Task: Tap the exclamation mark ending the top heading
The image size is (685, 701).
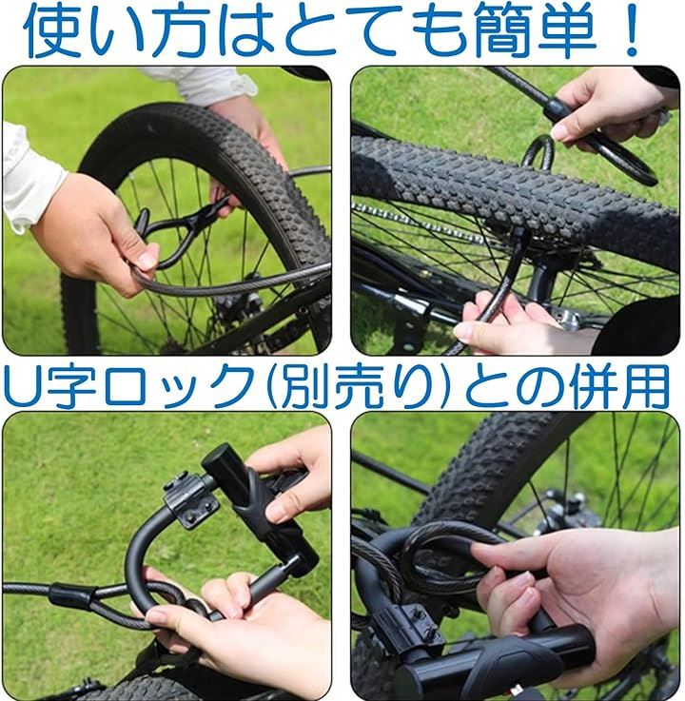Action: (x=632, y=29)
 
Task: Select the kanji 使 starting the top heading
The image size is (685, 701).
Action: (x=52, y=30)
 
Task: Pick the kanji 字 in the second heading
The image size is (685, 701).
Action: (x=70, y=384)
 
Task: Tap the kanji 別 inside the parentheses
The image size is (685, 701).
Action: (x=304, y=384)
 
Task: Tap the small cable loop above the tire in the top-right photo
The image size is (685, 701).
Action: (x=538, y=153)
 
